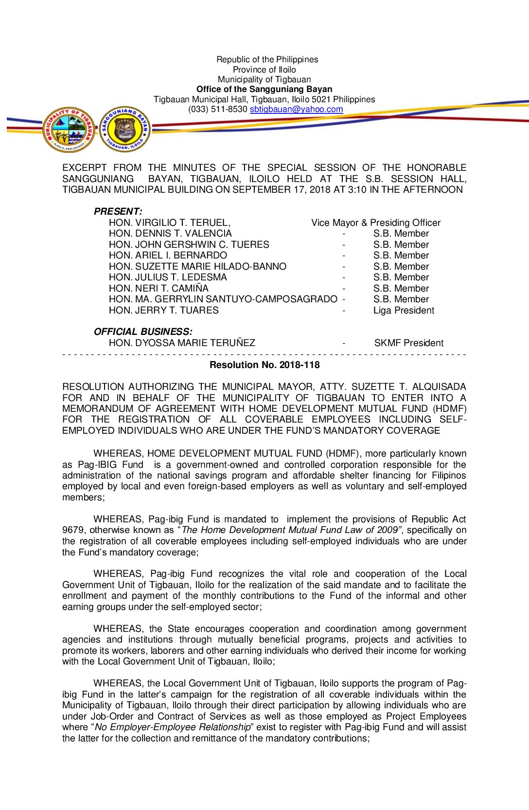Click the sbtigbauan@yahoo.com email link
coord(296,110)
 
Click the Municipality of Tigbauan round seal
coord(69,129)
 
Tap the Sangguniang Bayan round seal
coord(124,129)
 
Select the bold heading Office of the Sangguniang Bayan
coord(264,89)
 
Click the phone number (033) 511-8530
coord(218,110)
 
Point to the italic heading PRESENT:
coord(118,211)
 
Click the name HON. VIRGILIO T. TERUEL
coord(170,222)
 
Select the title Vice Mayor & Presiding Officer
coord(376,222)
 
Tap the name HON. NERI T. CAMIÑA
coord(159,288)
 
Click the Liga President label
coord(404,310)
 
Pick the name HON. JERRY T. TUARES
coord(164,310)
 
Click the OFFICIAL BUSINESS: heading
coord(143,331)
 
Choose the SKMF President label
coord(408,343)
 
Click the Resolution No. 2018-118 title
coord(264,365)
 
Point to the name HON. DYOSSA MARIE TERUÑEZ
coord(182,343)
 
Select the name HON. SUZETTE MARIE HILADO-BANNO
coord(197,266)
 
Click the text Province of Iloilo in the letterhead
coord(264,70)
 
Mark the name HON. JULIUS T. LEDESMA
coord(168,277)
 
